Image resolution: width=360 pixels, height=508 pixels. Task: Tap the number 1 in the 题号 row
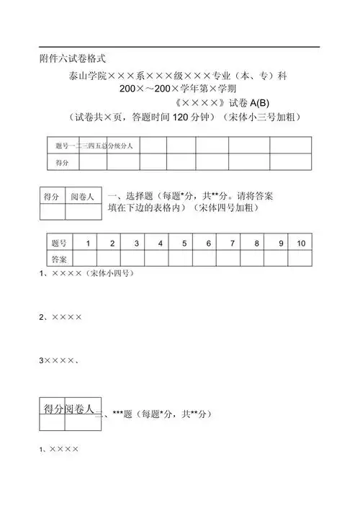pyautogui.click(x=87, y=244)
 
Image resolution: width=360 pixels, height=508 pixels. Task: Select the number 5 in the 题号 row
pyautogui.click(x=184, y=244)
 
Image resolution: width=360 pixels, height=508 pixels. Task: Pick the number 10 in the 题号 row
pyautogui.click(x=300, y=244)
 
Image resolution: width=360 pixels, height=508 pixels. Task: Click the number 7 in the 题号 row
pyautogui.click(x=232, y=244)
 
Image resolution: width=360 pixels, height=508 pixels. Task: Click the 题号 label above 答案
pyautogui.click(x=59, y=244)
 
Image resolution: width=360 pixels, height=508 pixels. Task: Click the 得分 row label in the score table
pyautogui.click(x=62, y=164)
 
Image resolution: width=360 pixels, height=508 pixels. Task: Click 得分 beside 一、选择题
pyautogui.click(x=52, y=196)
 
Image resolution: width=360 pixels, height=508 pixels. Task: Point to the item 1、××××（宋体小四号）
pyautogui.click(x=86, y=275)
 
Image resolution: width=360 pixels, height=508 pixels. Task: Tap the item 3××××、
pyautogui.click(x=60, y=359)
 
